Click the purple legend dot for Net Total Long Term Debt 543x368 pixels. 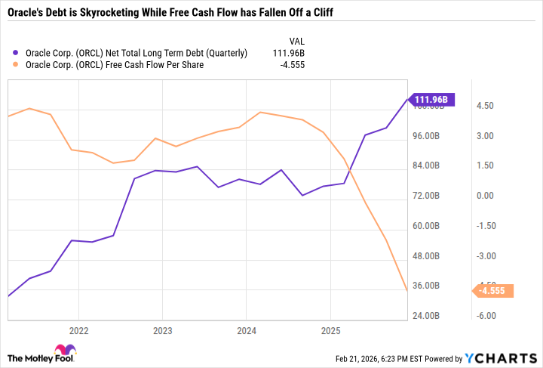[x=17, y=53]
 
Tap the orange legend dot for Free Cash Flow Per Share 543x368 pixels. [x=17, y=66]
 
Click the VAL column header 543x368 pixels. [x=298, y=40]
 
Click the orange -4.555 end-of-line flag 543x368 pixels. [x=494, y=290]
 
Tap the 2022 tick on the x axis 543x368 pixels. [x=78, y=330]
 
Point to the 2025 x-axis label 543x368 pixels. [x=330, y=330]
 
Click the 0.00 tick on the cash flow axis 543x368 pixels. [x=485, y=196]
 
